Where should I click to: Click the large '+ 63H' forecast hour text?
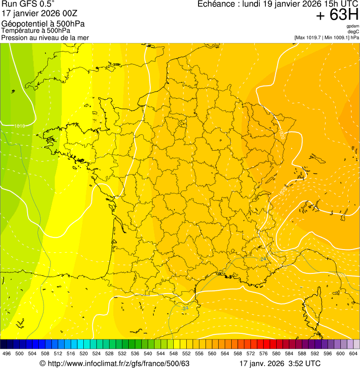[x=337, y=15]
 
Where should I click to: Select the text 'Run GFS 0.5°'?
[x=28, y=4]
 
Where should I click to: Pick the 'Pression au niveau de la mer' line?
[x=45, y=37]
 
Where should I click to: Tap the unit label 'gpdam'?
[x=353, y=27]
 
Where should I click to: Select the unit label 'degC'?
[x=354, y=32]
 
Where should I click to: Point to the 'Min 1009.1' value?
[x=337, y=37]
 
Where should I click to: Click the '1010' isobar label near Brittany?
[x=20, y=126]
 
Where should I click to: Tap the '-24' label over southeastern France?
[x=263, y=259]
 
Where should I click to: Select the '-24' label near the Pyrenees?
[x=185, y=308]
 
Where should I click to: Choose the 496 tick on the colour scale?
[x=7, y=354]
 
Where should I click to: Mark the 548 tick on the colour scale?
[x=174, y=354]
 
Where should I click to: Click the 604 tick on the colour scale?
[x=353, y=354]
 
